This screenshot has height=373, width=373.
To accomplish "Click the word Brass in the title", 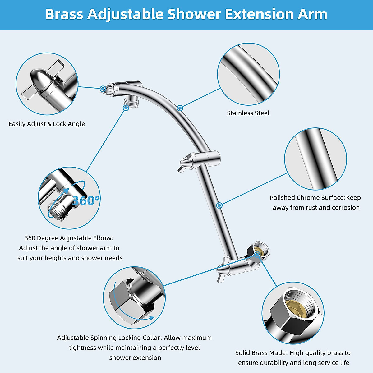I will click(64, 14).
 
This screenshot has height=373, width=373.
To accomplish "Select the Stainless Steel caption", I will click(248, 113).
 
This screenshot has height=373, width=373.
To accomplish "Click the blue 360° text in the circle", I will click(86, 200).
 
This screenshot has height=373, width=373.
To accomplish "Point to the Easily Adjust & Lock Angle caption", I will click(47, 124).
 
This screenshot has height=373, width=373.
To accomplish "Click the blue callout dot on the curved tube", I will click(180, 108).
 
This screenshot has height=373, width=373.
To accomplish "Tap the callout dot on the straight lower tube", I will click(219, 205).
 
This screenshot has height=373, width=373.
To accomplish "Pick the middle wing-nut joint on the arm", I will click(199, 160).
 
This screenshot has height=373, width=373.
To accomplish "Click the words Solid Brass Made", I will click(261, 353).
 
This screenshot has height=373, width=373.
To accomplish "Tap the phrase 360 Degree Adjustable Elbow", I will click(69, 238).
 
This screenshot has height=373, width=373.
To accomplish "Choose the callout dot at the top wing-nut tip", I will click(103, 89).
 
